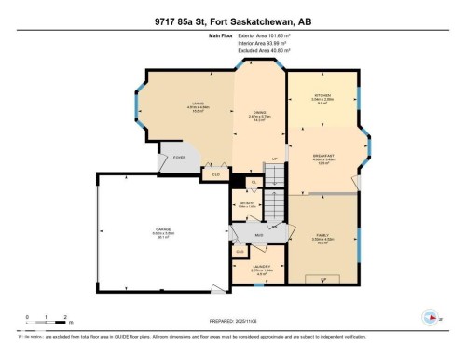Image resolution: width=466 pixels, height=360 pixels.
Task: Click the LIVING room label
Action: (198, 104)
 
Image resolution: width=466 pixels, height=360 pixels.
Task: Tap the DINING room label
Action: (260, 113)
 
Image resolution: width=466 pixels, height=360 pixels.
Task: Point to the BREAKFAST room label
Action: (323, 155)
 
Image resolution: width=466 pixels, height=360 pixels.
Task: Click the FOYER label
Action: (179, 159)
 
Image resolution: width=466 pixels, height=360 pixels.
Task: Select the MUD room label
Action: (260, 235)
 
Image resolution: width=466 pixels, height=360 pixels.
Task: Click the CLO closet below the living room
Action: (217, 174)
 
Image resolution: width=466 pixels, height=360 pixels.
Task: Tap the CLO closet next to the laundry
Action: (240, 251)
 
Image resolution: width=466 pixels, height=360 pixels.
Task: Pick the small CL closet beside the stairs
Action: (252, 183)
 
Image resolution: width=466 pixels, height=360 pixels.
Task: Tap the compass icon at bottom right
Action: (430, 315)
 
